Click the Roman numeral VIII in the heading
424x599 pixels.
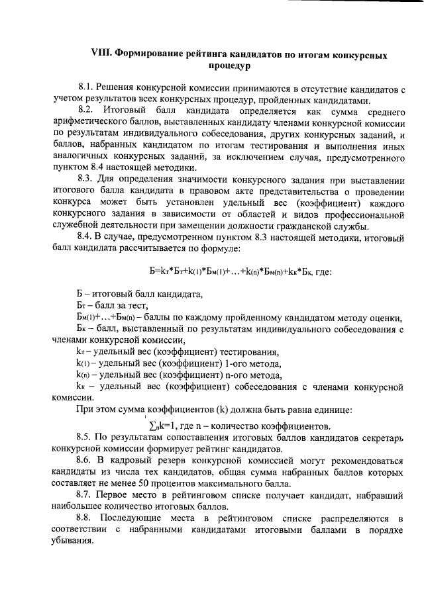(101, 56)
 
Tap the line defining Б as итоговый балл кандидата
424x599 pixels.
(130, 293)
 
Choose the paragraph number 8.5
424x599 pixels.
(85, 437)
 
